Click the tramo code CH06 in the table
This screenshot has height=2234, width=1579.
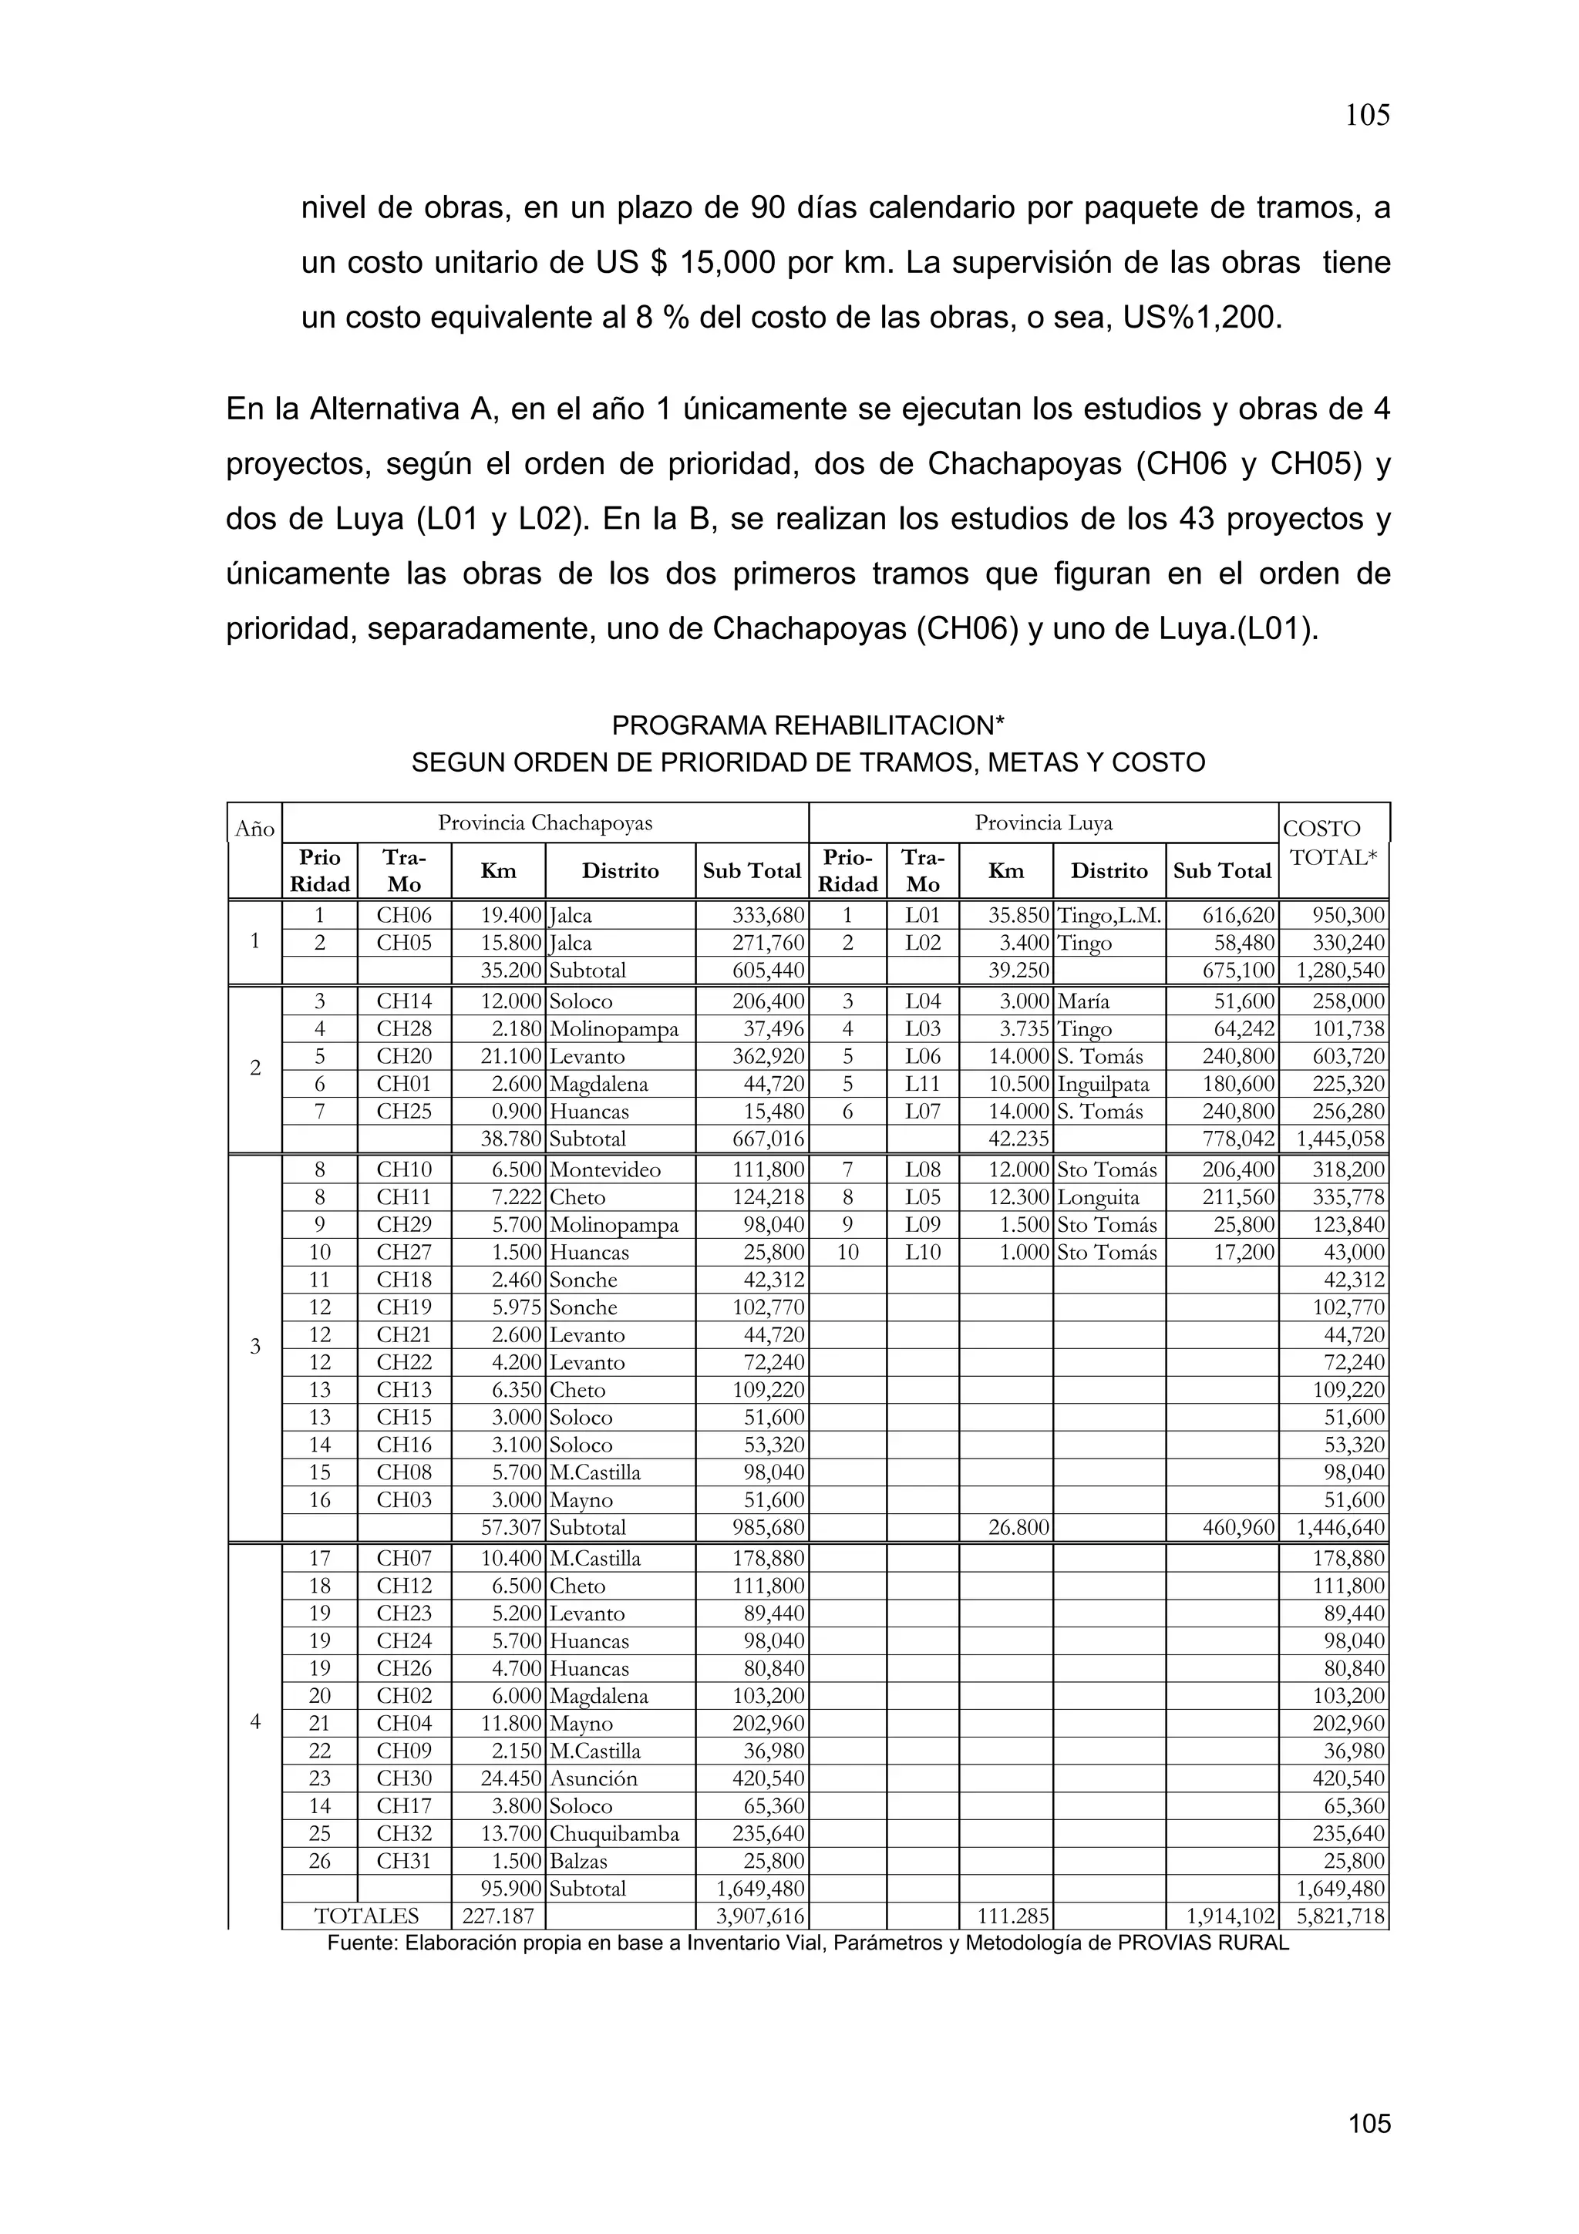(404, 916)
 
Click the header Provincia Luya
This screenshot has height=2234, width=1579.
(1043, 823)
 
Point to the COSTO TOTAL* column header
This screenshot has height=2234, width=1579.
(1333, 843)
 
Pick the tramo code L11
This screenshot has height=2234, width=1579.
(922, 1084)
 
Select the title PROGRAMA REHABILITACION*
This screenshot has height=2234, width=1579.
(807, 726)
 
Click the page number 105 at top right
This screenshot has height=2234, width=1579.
(1367, 116)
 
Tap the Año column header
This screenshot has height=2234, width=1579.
(255, 829)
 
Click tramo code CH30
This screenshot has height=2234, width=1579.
(404, 1778)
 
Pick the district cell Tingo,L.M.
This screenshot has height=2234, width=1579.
(1109, 916)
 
